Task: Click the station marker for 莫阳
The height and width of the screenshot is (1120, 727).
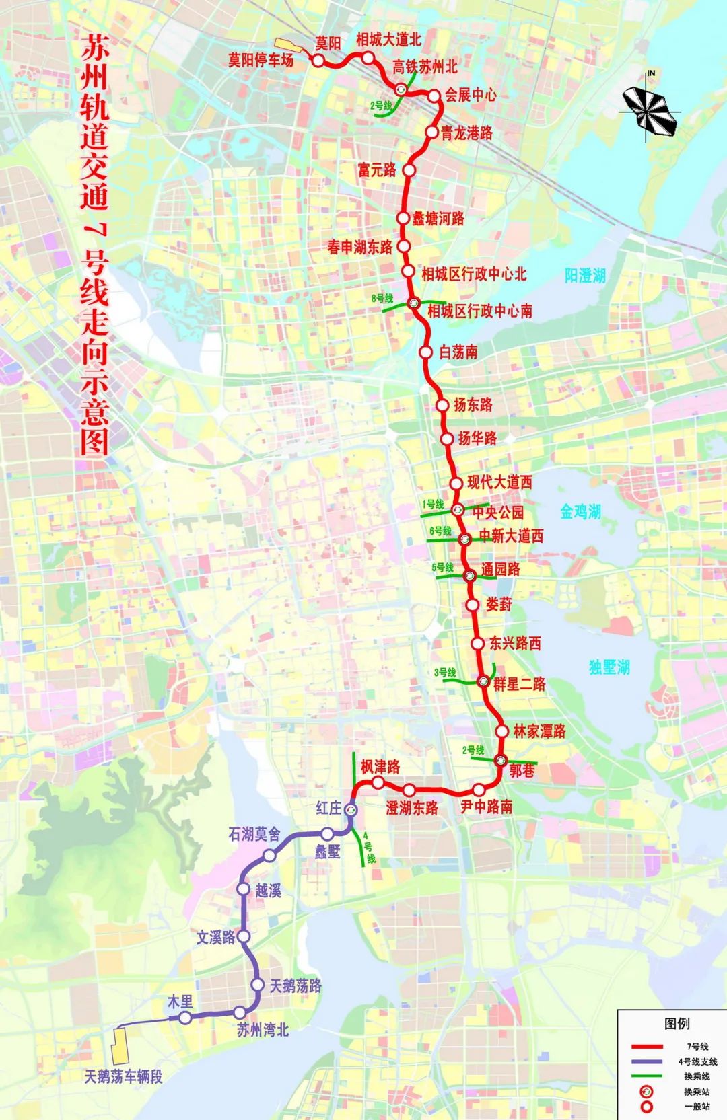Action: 318,60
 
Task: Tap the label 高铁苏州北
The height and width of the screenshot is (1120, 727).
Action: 425,67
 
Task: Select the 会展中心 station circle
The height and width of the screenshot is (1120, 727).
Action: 434,96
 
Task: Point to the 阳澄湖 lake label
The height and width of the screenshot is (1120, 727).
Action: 585,275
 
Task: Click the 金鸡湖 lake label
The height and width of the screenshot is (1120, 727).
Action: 580,512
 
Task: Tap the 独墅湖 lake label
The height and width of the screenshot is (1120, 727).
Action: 609,667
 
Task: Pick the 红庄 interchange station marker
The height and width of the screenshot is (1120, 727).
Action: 351,809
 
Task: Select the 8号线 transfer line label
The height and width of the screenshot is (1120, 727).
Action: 382,298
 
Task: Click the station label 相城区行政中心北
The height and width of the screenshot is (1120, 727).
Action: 474,274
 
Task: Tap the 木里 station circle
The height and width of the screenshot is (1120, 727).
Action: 185,1017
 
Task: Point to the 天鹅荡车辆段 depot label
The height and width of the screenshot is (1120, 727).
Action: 123,1076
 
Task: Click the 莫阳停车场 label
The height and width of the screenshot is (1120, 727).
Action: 261,60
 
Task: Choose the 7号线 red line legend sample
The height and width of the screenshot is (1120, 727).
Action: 647,1047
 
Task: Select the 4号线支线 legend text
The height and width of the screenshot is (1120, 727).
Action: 697,1061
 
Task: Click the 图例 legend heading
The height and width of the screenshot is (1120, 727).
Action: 677,1024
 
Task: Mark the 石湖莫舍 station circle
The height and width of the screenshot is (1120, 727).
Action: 269,856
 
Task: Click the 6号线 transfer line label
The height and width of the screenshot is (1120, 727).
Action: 440,531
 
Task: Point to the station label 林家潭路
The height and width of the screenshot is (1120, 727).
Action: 539,731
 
